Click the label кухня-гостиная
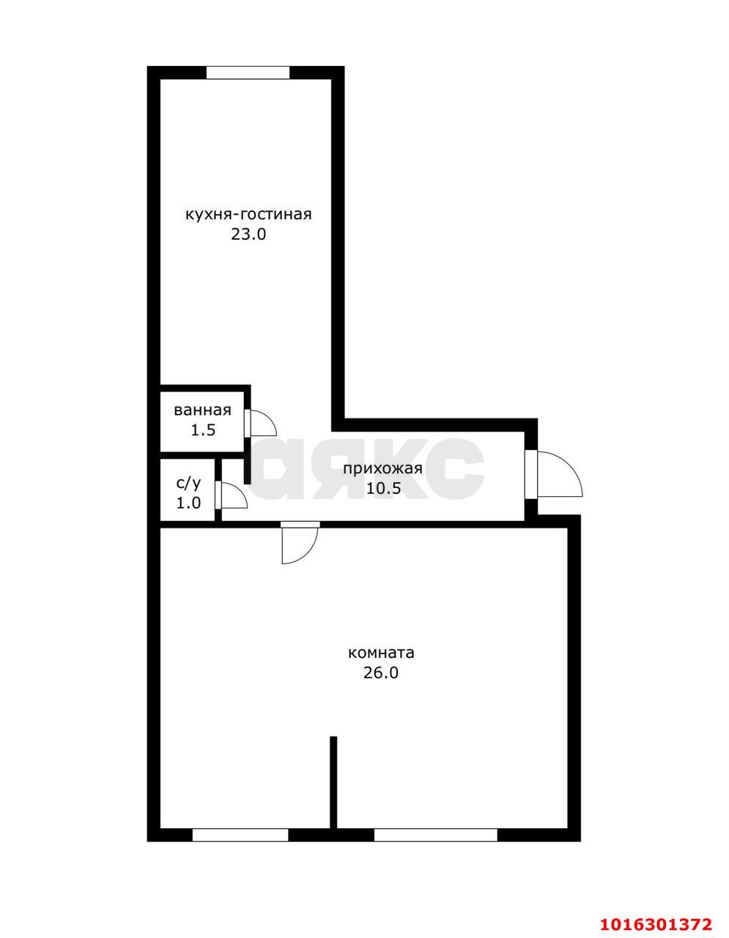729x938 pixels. click(x=248, y=215)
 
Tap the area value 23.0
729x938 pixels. click(x=248, y=234)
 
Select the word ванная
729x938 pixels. click(x=202, y=410)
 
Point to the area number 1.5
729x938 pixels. click(x=203, y=430)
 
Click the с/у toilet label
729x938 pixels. click(x=188, y=484)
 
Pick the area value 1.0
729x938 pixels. click(x=188, y=503)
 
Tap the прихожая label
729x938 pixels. click(x=382, y=469)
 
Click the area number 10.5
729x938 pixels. click(x=383, y=488)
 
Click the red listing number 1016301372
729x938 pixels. click(x=656, y=921)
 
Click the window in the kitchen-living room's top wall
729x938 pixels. click(x=248, y=73)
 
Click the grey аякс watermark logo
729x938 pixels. click(x=366, y=469)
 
